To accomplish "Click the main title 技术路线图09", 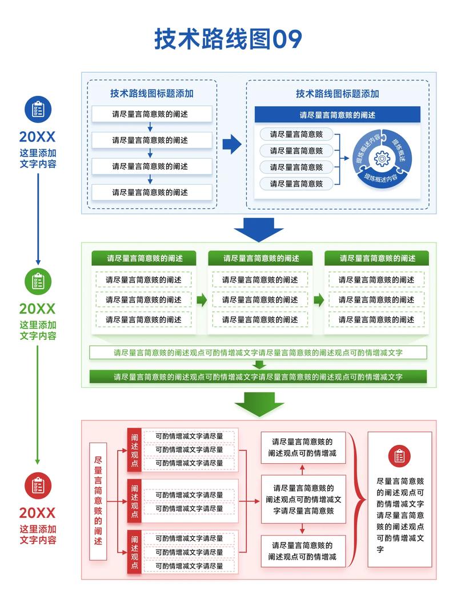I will click(x=228, y=39).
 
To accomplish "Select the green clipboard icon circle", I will click(x=38, y=281).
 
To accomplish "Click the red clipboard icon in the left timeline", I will click(x=38, y=485).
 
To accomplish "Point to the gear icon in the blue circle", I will click(x=382, y=158).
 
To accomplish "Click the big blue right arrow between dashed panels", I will click(x=231, y=145).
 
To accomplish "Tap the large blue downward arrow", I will click(x=258, y=229).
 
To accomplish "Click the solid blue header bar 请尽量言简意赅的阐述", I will click(x=337, y=115).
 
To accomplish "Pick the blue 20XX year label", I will click(x=38, y=136).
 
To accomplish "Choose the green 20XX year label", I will click(x=38, y=309).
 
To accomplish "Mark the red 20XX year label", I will click(x=38, y=513).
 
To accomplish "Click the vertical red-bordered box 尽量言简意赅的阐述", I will click(x=98, y=501).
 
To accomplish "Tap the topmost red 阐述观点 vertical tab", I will click(x=134, y=449).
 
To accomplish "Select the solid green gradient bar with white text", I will click(x=258, y=376).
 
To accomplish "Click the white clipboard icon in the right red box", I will click(x=399, y=456).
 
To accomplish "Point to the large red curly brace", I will click(x=358, y=500).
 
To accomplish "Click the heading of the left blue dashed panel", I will click(x=152, y=94).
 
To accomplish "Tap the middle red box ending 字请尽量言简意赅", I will click(x=303, y=499).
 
